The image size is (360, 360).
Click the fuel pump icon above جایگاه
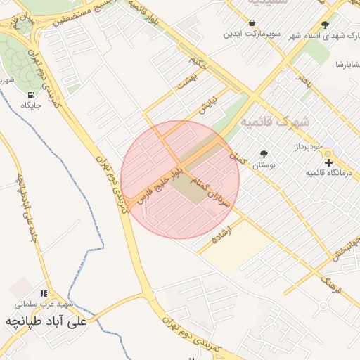(x=31, y=95)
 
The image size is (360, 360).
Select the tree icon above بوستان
(x=264, y=154)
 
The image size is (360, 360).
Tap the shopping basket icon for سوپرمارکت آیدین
(x=252, y=23)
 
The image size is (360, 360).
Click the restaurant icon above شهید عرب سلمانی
(x=44, y=294)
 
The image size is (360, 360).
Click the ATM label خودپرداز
(x=307, y=146)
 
